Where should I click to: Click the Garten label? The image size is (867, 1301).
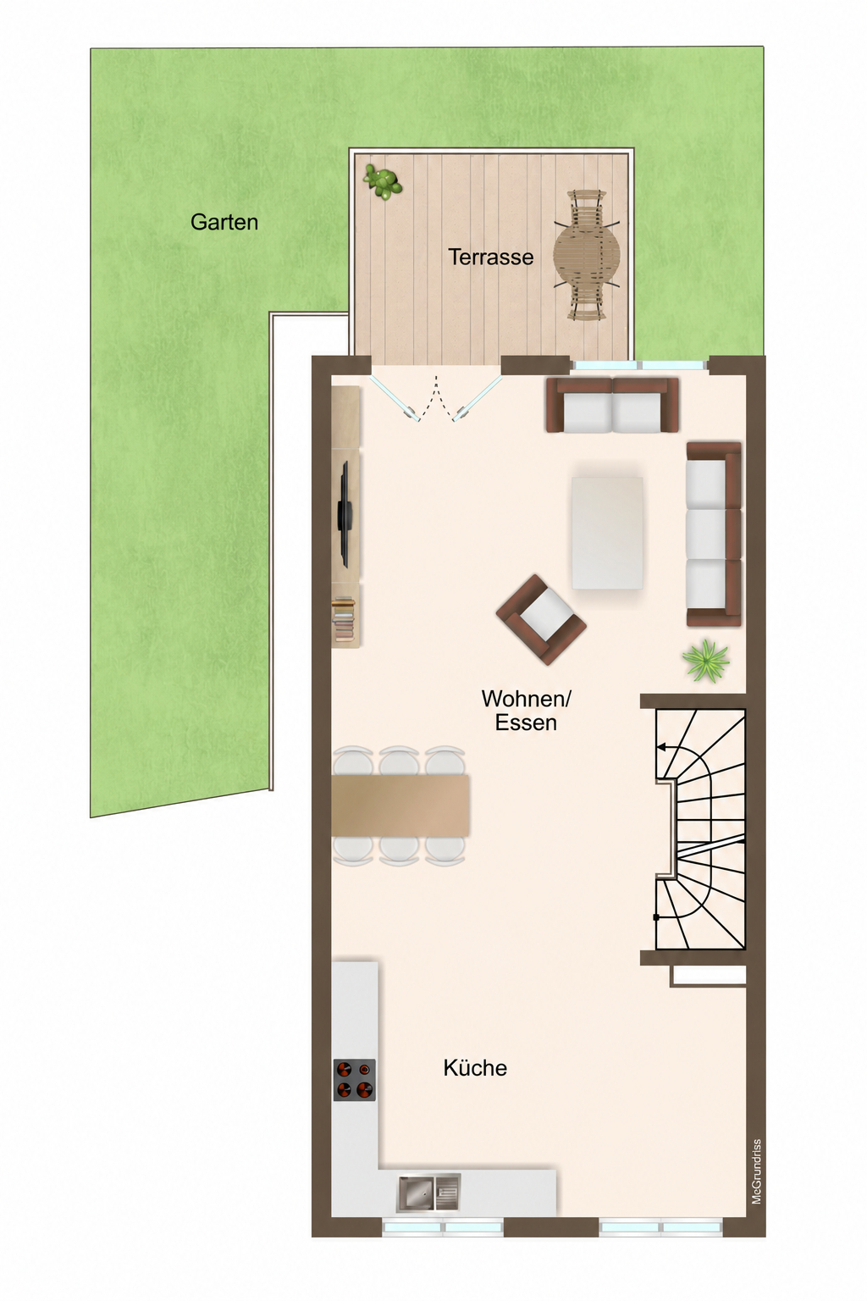point(224,223)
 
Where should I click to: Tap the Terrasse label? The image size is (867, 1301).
point(491,257)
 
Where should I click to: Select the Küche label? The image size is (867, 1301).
point(475,1067)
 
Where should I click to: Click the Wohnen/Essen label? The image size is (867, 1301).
point(526,711)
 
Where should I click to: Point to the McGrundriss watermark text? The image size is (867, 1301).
point(756,1170)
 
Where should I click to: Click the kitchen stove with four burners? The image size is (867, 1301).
point(354,1080)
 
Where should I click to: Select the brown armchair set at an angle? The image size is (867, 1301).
point(541,619)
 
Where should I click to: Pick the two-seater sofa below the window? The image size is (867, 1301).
point(612,405)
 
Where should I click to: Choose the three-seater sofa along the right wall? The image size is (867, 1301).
point(714,534)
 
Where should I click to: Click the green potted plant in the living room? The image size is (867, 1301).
point(706,661)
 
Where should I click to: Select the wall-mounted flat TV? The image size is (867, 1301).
point(344,515)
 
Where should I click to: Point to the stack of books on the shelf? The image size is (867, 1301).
point(343,620)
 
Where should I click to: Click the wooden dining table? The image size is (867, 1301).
point(400,805)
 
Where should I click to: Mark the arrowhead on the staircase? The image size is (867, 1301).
point(661,748)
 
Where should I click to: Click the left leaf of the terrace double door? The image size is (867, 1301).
point(395,396)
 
